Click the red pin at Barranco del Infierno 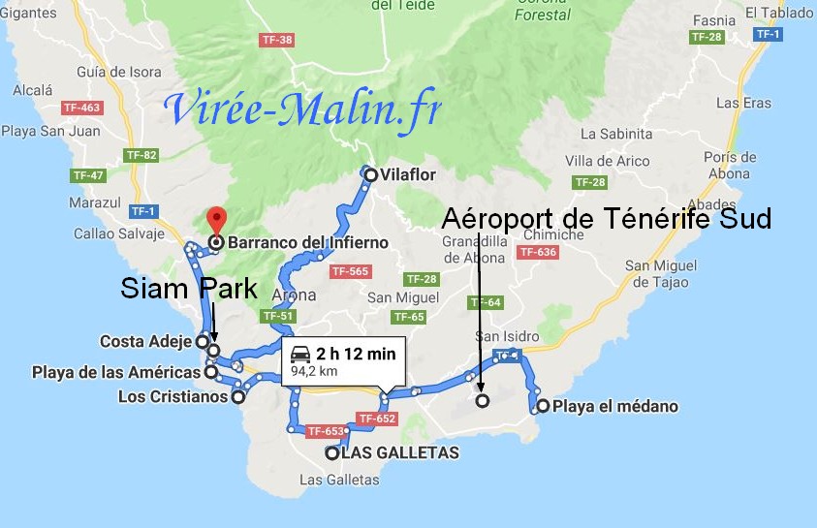click(x=216, y=219)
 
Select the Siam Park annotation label click(x=189, y=288)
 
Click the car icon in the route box click(x=301, y=355)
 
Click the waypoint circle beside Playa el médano click(x=543, y=406)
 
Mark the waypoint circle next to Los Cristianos click(x=237, y=396)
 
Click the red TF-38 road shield click(x=277, y=41)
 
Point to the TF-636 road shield click(x=538, y=253)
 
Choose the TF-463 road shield click(x=80, y=108)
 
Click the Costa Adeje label click(x=145, y=341)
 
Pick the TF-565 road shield click(x=349, y=271)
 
